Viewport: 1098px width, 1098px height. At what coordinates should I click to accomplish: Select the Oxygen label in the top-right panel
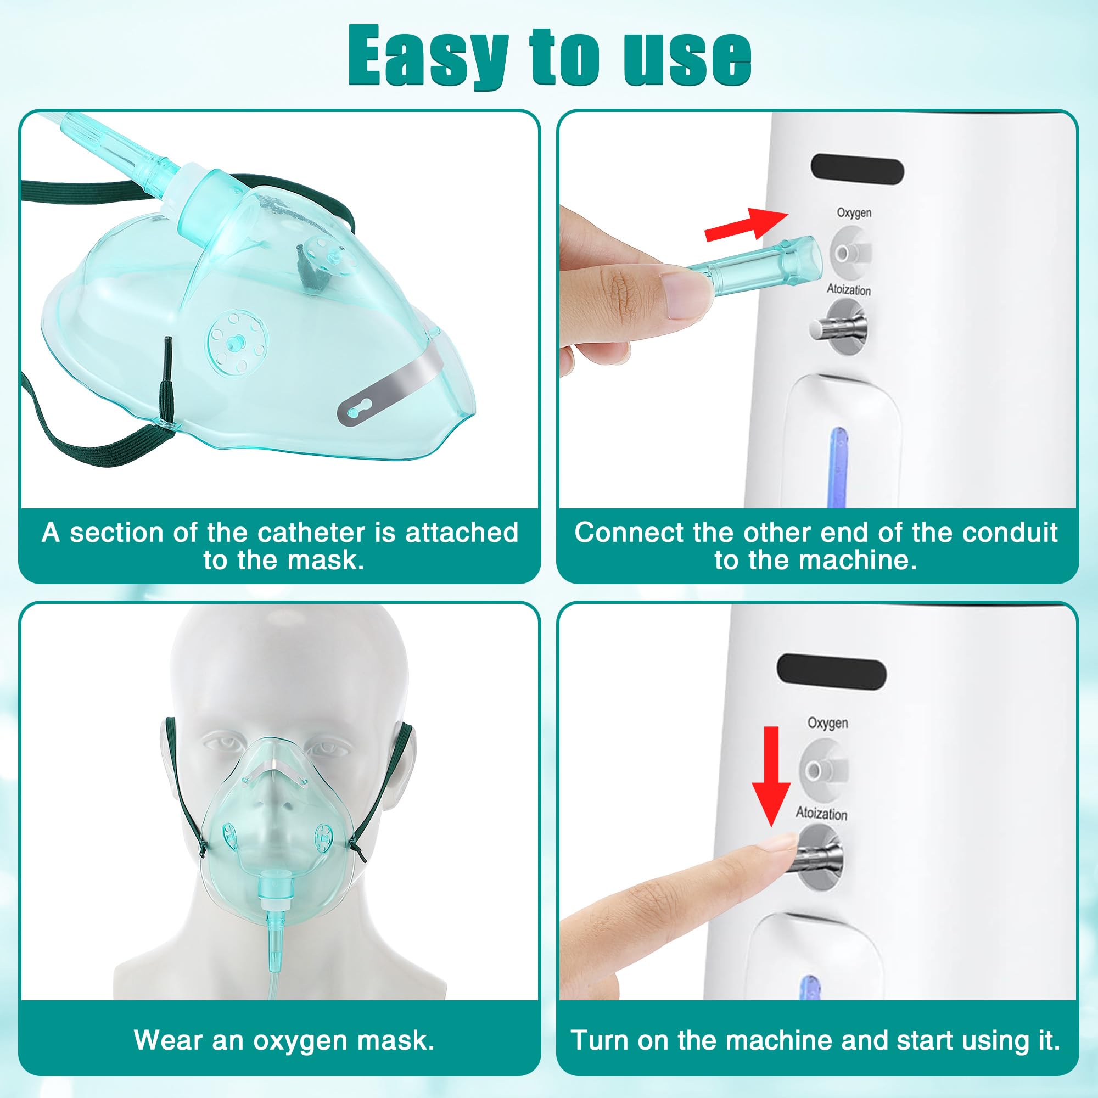point(854,212)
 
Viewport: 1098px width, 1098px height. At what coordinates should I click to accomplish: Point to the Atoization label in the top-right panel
point(849,290)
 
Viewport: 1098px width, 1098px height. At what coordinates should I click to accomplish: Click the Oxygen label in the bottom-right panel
point(827,723)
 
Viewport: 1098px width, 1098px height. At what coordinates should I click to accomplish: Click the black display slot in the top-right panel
point(857,171)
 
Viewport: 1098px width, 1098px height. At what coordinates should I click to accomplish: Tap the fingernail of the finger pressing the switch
point(778,842)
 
